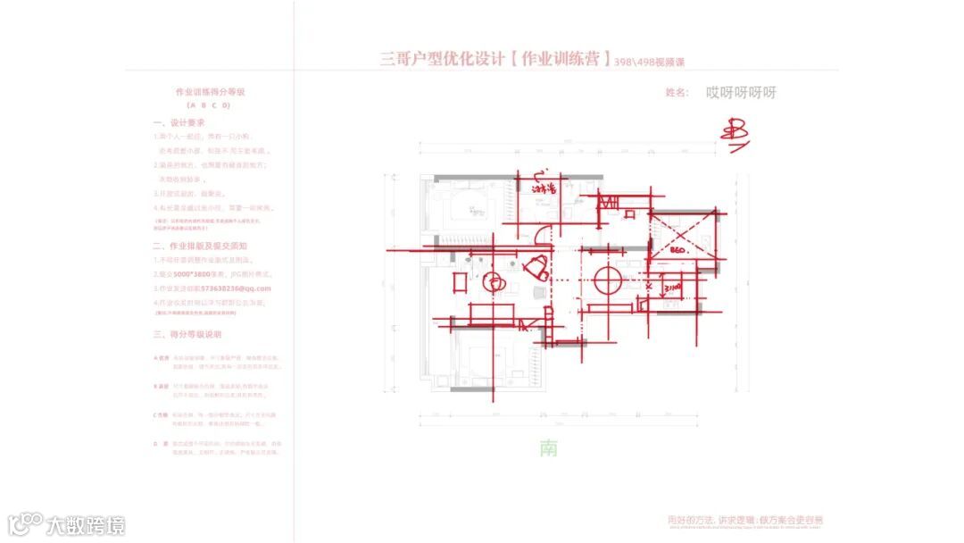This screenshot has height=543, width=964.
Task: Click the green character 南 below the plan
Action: coord(548,447)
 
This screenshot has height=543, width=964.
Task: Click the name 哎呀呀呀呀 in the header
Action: coord(741,93)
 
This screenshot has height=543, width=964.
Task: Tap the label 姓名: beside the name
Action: coord(677,93)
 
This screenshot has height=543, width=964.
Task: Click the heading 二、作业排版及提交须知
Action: coord(200,246)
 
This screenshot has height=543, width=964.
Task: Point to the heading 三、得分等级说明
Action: coord(187,334)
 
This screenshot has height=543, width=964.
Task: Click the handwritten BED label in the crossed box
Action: coord(678,251)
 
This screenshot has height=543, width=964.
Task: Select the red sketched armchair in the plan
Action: coord(537,266)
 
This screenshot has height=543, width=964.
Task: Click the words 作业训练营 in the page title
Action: coord(567,60)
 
